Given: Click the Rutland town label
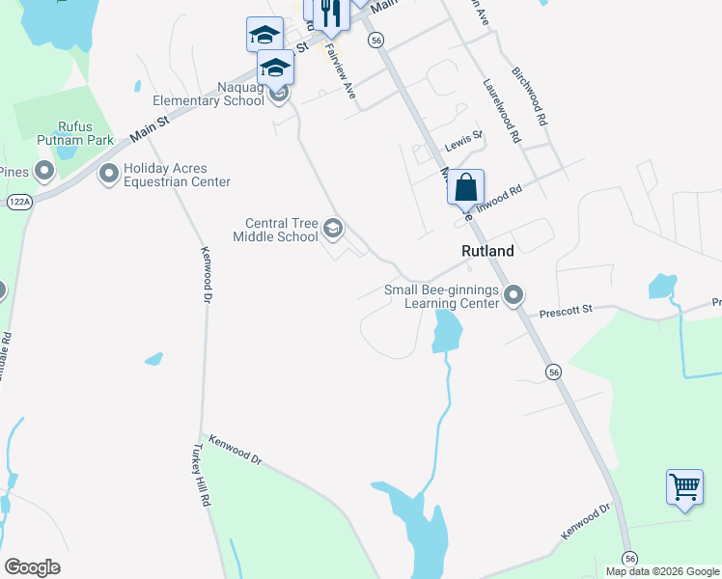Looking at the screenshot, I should [x=486, y=250].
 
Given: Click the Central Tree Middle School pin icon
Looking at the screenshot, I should [x=334, y=228].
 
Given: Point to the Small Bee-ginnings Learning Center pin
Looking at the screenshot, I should [x=514, y=294].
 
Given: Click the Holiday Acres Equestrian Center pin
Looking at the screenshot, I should [x=109, y=175].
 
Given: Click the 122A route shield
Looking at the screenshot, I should [x=19, y=202].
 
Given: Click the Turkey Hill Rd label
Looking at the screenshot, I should [x=202, y=476].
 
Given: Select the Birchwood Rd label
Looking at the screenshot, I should [x=530, y=96].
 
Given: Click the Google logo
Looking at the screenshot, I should [x=32, y=567].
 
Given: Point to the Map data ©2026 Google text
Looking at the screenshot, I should [x=662, y=571].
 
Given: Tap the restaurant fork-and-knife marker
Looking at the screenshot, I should [x=330, y=14].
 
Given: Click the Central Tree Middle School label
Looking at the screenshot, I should [x=276, y=230].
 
